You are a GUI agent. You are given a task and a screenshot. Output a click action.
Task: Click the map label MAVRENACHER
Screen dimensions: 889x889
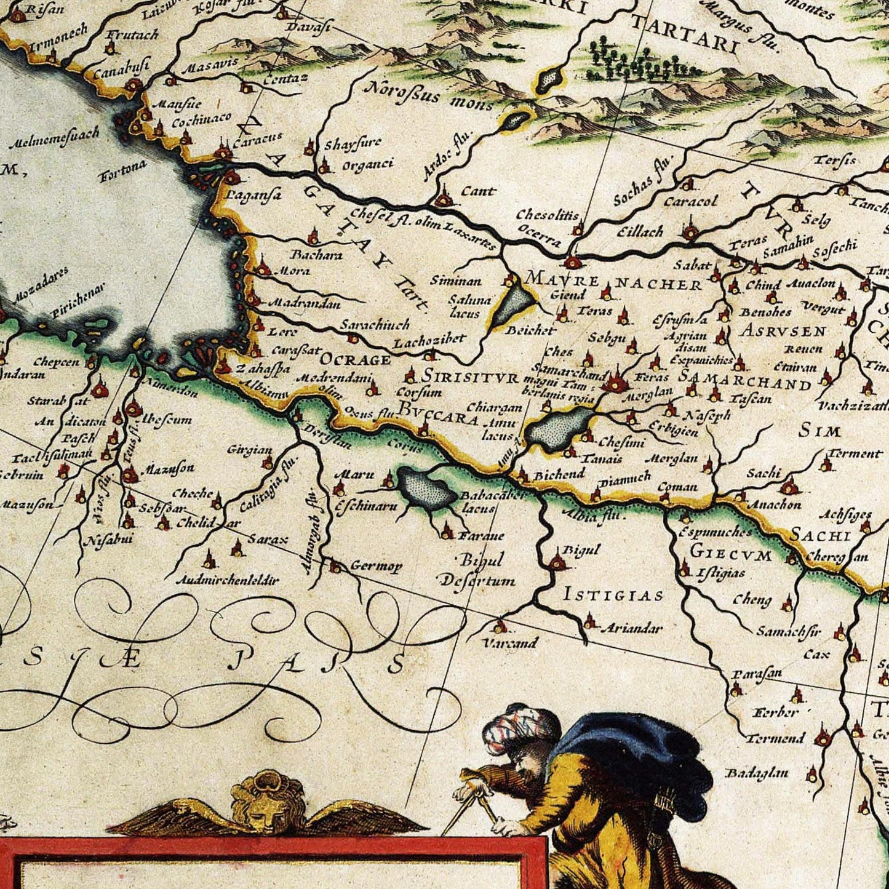click(x=613, y=282)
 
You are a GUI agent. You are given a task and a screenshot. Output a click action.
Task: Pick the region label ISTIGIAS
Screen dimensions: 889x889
click(x=614, y=595)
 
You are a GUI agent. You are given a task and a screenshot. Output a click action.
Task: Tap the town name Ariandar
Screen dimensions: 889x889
click(x=631, y=628)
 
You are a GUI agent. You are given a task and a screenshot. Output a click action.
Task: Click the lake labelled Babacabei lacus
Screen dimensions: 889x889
click(x=426, y=487)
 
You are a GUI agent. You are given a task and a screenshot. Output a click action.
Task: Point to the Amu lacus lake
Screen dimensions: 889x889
click(x=559, y=426)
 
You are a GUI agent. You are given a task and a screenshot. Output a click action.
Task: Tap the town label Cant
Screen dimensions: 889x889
click(x=478, y=191)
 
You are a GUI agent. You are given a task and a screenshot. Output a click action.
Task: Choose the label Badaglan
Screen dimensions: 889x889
click(x=756, y=773)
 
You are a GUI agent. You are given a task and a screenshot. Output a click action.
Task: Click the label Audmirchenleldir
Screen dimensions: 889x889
click(x=227, y=580)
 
